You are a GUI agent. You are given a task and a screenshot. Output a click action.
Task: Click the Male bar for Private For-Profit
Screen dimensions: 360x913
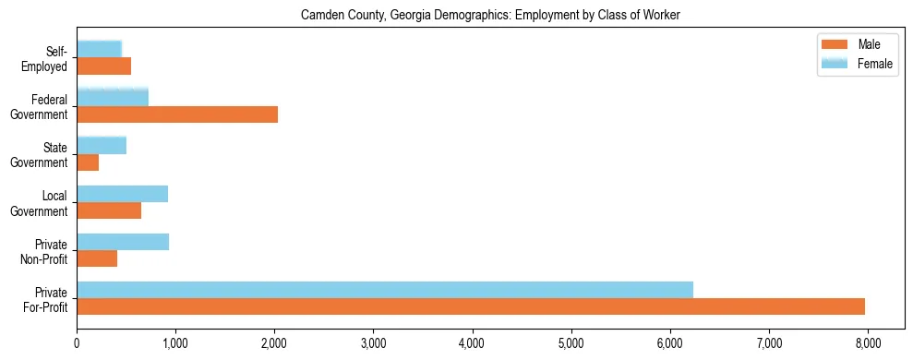[x=471, y=306]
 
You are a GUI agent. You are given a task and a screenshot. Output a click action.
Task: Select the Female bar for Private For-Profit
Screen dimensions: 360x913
[x=385, y=290]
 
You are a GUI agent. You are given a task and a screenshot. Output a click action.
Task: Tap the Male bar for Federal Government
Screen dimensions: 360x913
[x=177, y=114]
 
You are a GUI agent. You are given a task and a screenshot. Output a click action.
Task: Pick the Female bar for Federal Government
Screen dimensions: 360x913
[x=113, y=97]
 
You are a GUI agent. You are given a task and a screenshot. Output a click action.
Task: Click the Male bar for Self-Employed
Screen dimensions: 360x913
[x=103, y=66]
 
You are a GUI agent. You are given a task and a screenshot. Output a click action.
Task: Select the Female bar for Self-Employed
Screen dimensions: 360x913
[x=99, y=49]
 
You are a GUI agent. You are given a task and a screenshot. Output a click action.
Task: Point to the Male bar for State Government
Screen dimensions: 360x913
[x=88, y=162]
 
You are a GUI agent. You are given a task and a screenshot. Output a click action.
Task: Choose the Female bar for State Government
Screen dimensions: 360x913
[x=102, y=145]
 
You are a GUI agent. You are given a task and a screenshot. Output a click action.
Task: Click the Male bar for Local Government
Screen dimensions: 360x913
[x=109, y=210]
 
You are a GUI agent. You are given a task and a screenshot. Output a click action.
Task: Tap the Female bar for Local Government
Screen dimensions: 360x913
[x=122, y=194]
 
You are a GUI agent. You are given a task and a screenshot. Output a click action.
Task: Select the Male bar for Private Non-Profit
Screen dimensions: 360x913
[x=97, y=258]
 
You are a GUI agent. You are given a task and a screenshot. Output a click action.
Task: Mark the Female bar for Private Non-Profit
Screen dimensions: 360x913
[x=123, y=242]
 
